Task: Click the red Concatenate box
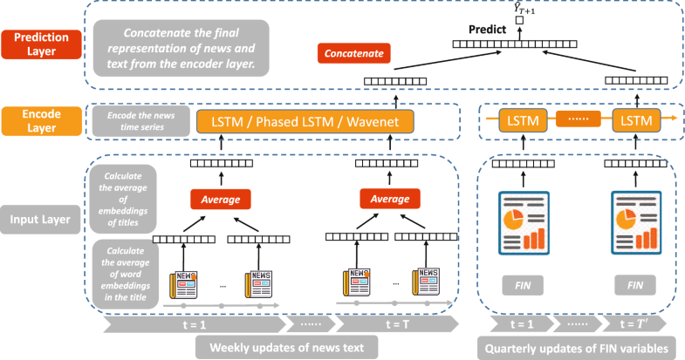[353, 54]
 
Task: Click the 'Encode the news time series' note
[140, 122]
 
